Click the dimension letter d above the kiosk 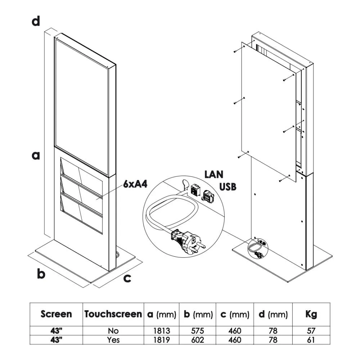[x=36, y=21]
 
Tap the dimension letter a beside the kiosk [x=36, y=156]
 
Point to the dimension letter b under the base [x=41, y=274]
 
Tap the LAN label [x=214, y=175]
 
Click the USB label [x=228, y=187]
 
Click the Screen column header [x=56, y=314]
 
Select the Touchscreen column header [x=113, y=314]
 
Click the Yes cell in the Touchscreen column [x=113, y=339]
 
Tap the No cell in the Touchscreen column [x=113, y=330]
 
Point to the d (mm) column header [x=273, y=314]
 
